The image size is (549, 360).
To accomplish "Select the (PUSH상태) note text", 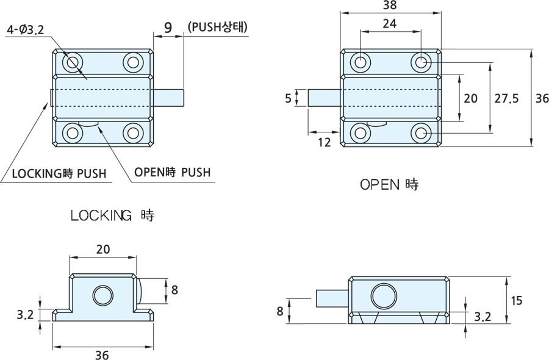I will point(218,27).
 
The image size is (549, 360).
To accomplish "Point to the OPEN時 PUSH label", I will point(172,173).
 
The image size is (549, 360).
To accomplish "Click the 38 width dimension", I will point(389,5).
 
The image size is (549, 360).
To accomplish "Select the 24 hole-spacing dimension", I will point(389,24).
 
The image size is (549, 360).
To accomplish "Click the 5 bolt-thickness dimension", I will point(288,98).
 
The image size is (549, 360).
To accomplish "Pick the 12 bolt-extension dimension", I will point(325,142).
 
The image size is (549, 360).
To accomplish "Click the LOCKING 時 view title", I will point(113,215).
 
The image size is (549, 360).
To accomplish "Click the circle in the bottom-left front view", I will point(103,297).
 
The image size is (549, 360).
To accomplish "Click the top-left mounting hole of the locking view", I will point(73,62).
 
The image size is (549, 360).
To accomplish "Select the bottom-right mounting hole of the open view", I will point(421,132).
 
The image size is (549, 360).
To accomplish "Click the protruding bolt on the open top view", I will point(324,98).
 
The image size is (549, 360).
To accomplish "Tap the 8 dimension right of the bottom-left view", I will point(174,290).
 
